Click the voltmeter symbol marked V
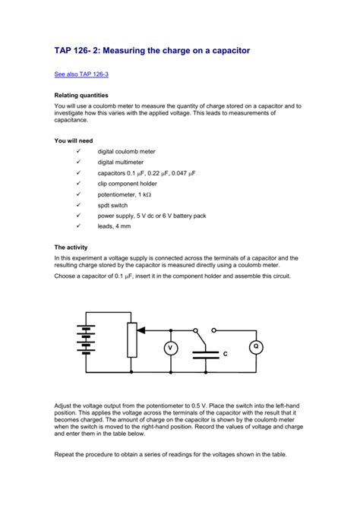(x=171, y=349)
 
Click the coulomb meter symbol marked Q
(x=256, y=347)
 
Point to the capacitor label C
(x=225, y=354)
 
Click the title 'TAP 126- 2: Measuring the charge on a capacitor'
(x=152, y=50)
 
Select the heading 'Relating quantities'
(x=87, y=96)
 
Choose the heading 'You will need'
(x=78, y=141)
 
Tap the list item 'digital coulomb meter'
(x=126, y=152)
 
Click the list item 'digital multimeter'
(x=122, y=162)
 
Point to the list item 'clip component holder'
(x=127, y=184)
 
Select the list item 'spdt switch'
(x=113, y=205)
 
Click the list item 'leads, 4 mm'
(x=114, y=226)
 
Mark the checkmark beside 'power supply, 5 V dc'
(x=77, y=216)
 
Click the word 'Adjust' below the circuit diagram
(x=66, y=406)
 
